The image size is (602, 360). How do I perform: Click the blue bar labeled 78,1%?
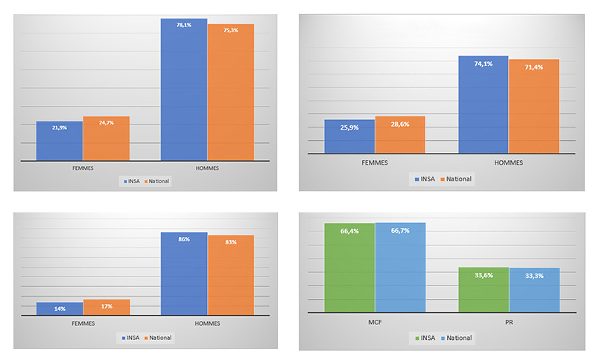184,89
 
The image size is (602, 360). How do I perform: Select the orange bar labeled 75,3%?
230,92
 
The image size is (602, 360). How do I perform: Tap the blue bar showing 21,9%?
59,141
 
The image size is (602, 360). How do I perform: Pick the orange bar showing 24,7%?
106,139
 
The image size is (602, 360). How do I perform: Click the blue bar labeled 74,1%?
483,104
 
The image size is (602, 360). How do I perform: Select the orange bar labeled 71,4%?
534,106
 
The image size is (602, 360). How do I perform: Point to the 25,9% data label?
349,127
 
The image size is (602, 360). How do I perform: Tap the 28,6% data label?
400,125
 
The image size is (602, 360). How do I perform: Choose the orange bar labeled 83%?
230,275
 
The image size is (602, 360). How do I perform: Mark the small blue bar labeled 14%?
59,309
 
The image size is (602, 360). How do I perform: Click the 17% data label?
106,306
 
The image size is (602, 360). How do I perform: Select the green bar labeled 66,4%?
349,267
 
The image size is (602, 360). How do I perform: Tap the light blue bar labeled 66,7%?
400,267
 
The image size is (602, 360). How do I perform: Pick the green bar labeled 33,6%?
483,290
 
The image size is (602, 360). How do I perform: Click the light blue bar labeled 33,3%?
534,290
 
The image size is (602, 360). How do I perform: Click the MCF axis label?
375,323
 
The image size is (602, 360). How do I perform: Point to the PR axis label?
509,323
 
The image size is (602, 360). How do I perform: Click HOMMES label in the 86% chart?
207,323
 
